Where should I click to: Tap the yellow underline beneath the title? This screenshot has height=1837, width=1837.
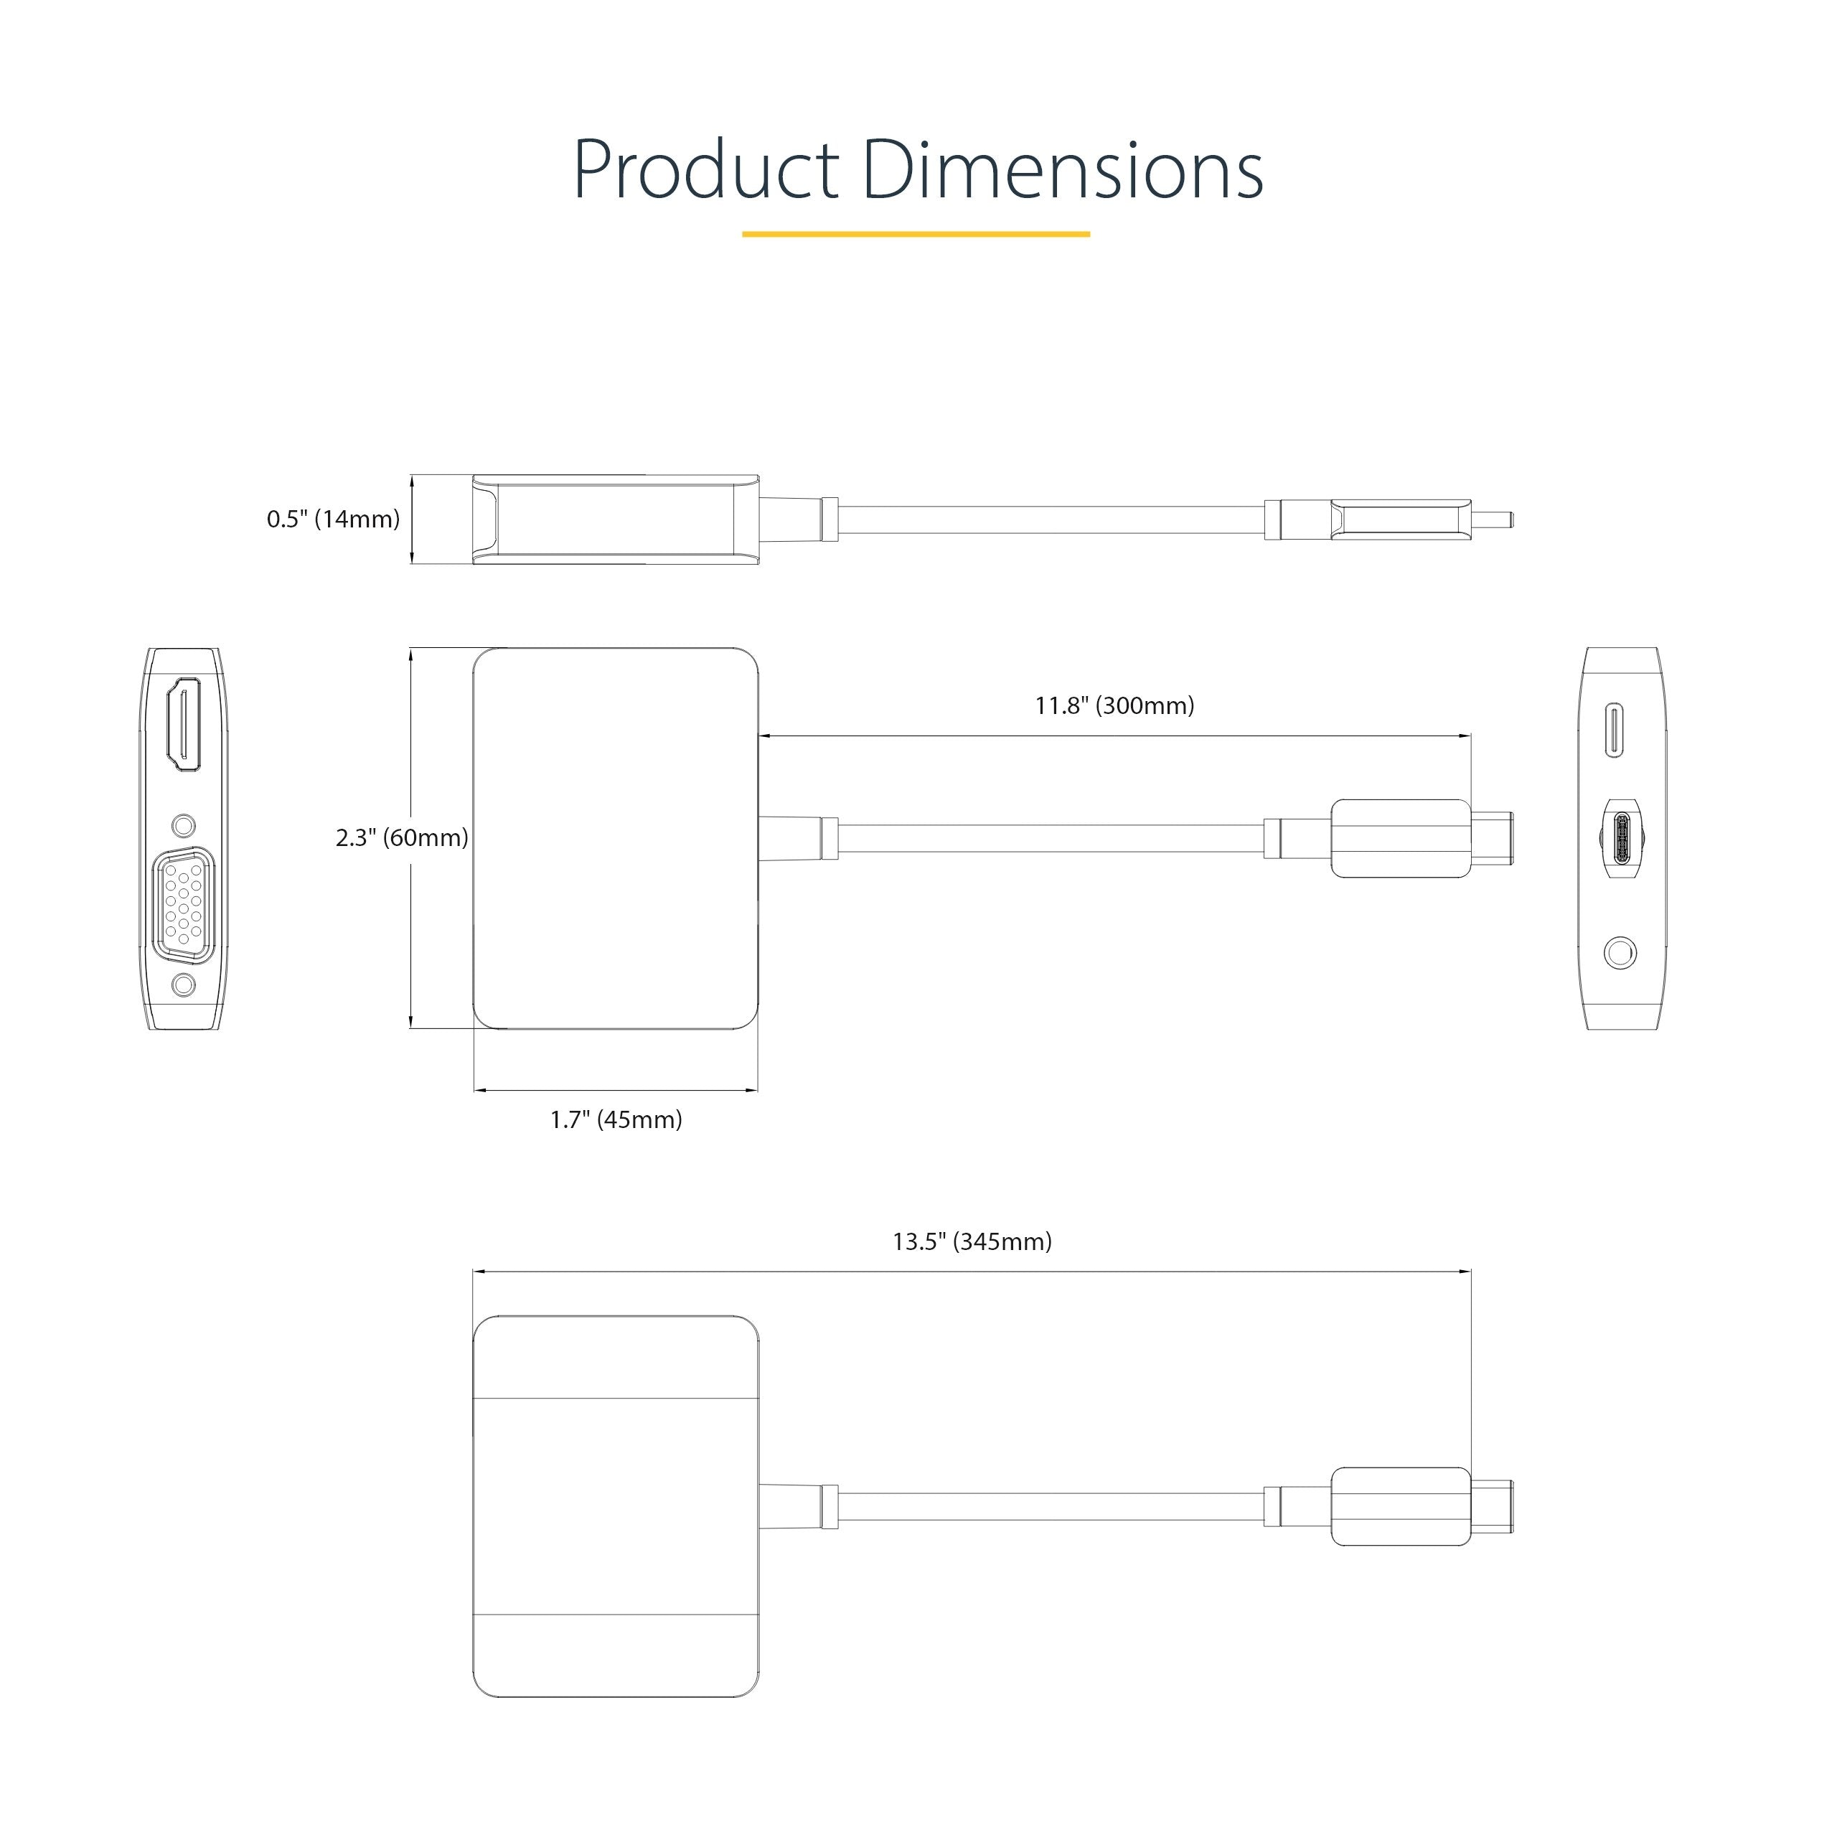[915, 234]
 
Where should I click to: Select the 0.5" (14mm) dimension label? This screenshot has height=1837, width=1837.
[333, 519]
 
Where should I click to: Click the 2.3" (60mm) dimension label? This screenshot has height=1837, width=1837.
[401, 837]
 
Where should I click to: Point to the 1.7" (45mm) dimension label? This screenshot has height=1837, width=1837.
[616, 1119]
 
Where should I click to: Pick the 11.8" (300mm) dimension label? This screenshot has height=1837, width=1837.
[1114, 705]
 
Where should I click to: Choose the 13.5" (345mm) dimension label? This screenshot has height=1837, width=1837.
[972, 1242]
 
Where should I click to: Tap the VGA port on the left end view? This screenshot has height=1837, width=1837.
[184, 901]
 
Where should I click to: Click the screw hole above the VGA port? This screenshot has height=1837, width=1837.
[184, 824]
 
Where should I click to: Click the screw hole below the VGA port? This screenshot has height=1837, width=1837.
[184, 985]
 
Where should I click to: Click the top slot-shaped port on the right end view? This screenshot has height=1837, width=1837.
[1615, 730]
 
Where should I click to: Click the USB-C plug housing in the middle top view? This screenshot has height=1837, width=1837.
[1399, 839]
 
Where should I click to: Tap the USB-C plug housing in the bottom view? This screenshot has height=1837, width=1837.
[1399, 1506]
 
